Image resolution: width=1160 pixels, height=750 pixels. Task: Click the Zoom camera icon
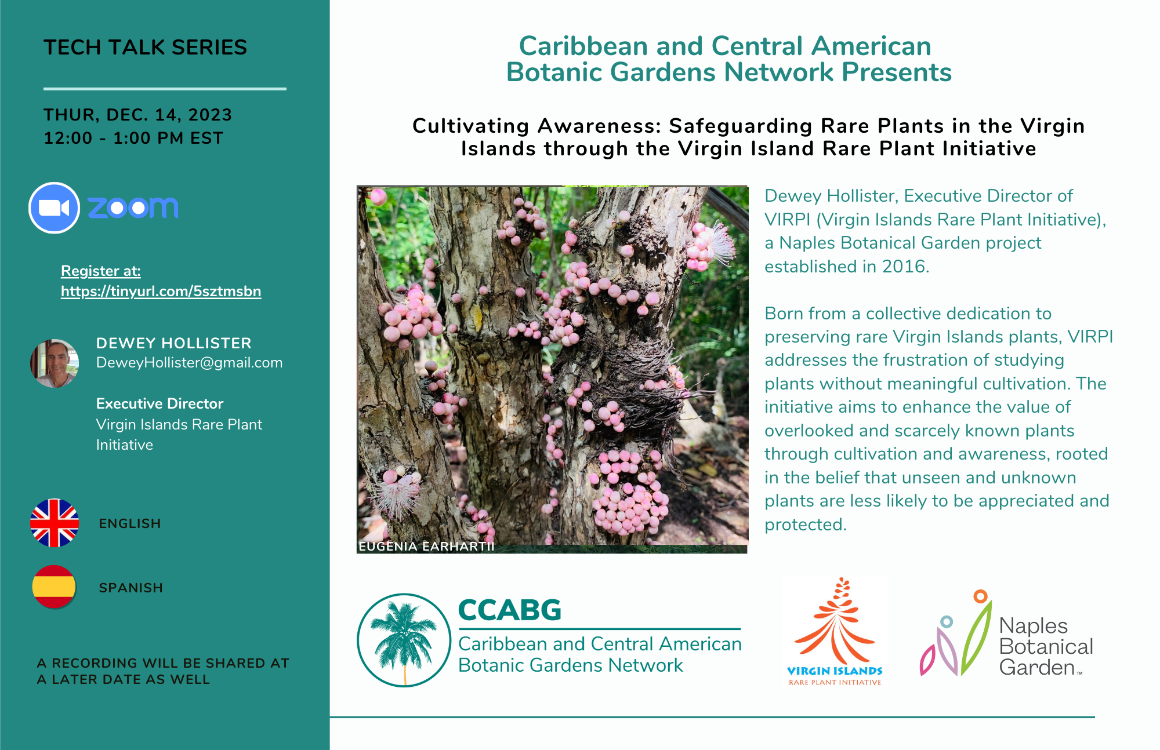coord(54,208)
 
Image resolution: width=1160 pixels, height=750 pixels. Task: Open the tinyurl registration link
coord(161,291)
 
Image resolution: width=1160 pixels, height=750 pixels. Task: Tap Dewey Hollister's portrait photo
coord(55,363)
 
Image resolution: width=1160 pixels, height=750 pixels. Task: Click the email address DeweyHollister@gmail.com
coord(189,363)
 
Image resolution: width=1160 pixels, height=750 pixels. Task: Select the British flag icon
coord(55,523)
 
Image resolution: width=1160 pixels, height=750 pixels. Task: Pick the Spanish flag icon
coord(54,587)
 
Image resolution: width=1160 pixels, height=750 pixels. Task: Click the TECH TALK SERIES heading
coord(145,47)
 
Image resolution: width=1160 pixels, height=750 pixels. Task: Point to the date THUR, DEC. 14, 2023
coord(137,115)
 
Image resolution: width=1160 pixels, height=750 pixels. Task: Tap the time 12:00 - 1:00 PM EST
coord(133,138)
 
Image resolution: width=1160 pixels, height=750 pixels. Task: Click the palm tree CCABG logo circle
coord(404,640)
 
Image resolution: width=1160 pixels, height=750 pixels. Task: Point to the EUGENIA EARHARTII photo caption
coord(426,546)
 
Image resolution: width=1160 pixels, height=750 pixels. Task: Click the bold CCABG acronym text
coord(510,610)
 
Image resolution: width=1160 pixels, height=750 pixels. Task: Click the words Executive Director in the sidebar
coord(159,403)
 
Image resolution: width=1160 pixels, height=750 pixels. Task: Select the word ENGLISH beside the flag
coord(130,523)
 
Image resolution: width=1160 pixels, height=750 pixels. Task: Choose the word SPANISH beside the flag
coord(130,588)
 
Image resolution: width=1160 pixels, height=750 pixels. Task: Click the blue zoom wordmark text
coord(133,207)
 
